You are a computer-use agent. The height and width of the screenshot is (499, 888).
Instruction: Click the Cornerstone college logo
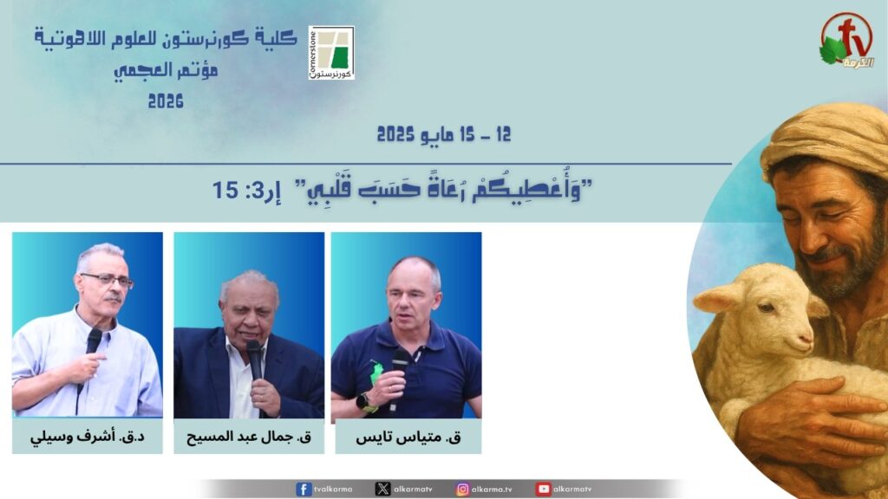coord(331,52)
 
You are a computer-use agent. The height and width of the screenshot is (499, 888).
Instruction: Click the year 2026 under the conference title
coord(166,101)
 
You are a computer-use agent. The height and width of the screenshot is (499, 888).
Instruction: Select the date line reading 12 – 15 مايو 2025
coord(444,134)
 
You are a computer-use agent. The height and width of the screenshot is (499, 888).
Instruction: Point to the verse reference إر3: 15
coord(247,190)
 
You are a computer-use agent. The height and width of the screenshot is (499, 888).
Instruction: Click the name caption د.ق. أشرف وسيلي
coord(88,437)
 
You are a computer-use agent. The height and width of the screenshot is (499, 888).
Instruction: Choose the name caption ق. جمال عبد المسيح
coord(249,437)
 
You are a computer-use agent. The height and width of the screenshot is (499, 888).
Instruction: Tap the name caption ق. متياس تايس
coord(408,437)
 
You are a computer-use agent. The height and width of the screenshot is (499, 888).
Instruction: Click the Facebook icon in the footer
coord(304,489)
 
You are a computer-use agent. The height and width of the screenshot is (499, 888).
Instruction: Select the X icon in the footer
coord(382,489)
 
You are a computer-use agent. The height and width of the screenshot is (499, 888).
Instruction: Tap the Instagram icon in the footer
coord(463,489)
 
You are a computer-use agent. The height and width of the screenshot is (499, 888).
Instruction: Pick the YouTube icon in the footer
coord(543,489)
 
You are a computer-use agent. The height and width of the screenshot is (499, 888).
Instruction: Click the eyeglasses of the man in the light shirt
coord(107,280)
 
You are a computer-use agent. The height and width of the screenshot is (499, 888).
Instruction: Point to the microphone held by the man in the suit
coord(256,362)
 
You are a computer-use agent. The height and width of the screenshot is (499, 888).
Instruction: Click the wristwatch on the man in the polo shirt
coord(363,402)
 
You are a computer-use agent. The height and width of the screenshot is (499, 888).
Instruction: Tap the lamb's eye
coord(767,308)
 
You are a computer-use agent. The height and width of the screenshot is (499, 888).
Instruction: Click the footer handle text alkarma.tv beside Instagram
coord(493,489)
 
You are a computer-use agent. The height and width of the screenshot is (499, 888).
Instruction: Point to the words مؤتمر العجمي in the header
coord(166,71)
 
